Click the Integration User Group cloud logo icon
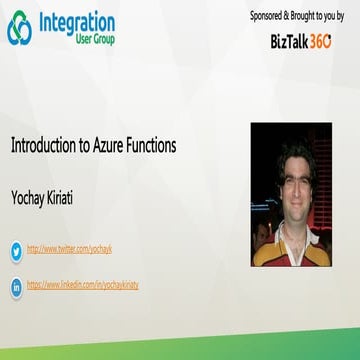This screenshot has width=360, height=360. (x=19, y=29)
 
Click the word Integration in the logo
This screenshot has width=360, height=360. (x=76, y=22)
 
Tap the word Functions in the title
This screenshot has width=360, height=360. (x=153, y=145)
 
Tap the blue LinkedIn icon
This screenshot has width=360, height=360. (x=16, y=287)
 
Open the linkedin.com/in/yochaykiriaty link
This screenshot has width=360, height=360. (x=82, y=285)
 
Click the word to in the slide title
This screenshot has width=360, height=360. (x=84, y=145)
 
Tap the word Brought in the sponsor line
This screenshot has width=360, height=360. (x=306, y=16)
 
